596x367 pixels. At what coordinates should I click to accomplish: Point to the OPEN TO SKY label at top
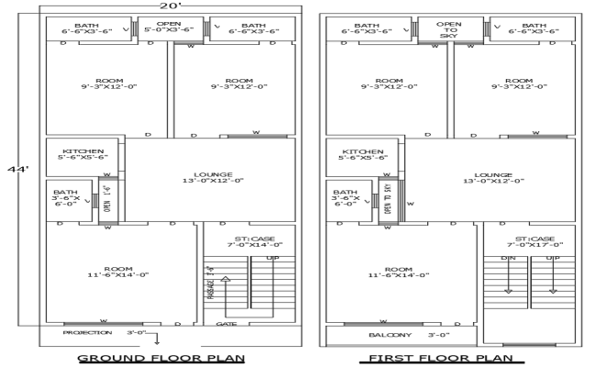click(x=448, y=30)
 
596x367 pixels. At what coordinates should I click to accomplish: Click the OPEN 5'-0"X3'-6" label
click(x=169, y=28)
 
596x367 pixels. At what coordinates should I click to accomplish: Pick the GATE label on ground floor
click(x=226, y=324)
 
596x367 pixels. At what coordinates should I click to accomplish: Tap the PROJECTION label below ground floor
click(x=88, y=332)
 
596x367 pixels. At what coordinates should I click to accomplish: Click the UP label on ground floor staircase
click(x=272, y=259)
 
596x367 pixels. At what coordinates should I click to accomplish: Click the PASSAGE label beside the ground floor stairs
click(x=211, y=284)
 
